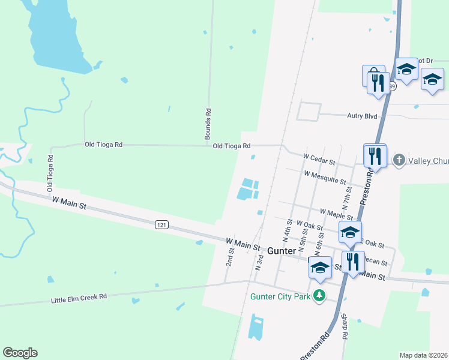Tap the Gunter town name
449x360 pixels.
(x=281, y=250)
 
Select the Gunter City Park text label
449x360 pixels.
(x=281, y=296)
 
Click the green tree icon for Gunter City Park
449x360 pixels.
(x=321, y=295)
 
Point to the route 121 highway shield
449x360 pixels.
(x=161, y=224)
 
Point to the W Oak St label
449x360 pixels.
(x=310, y=226)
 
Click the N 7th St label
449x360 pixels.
(x=346, y=197)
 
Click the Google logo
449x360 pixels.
(x=20, y=353)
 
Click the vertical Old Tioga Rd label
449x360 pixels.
(x=50, y=173)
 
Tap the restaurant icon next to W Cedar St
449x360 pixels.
(x=375, y=156)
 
